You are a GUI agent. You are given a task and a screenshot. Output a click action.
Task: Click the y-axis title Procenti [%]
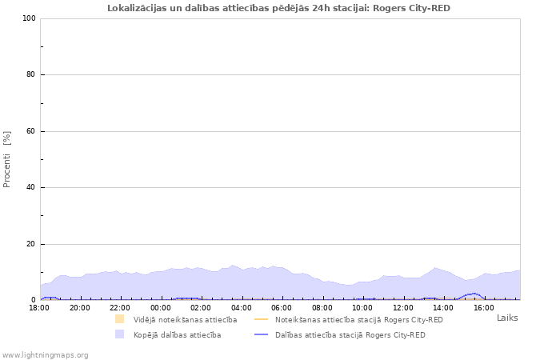[7, 159]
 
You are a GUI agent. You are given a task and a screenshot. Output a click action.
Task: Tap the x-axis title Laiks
[507, 318]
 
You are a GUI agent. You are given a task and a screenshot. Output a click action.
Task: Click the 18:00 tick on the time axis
[39, 306]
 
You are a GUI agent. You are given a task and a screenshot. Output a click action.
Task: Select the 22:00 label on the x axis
[120, 306]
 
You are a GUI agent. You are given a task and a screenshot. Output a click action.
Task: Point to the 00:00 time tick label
[160, 306]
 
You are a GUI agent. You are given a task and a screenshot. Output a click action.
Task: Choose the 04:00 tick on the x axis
[241, 306]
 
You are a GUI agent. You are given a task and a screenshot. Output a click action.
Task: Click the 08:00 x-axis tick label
[322, 306]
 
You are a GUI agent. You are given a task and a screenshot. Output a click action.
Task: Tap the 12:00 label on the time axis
[402, 306]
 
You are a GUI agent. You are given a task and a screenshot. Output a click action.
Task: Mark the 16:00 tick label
[483, 306]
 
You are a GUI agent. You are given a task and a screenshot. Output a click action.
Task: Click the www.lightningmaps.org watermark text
[45, 354]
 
